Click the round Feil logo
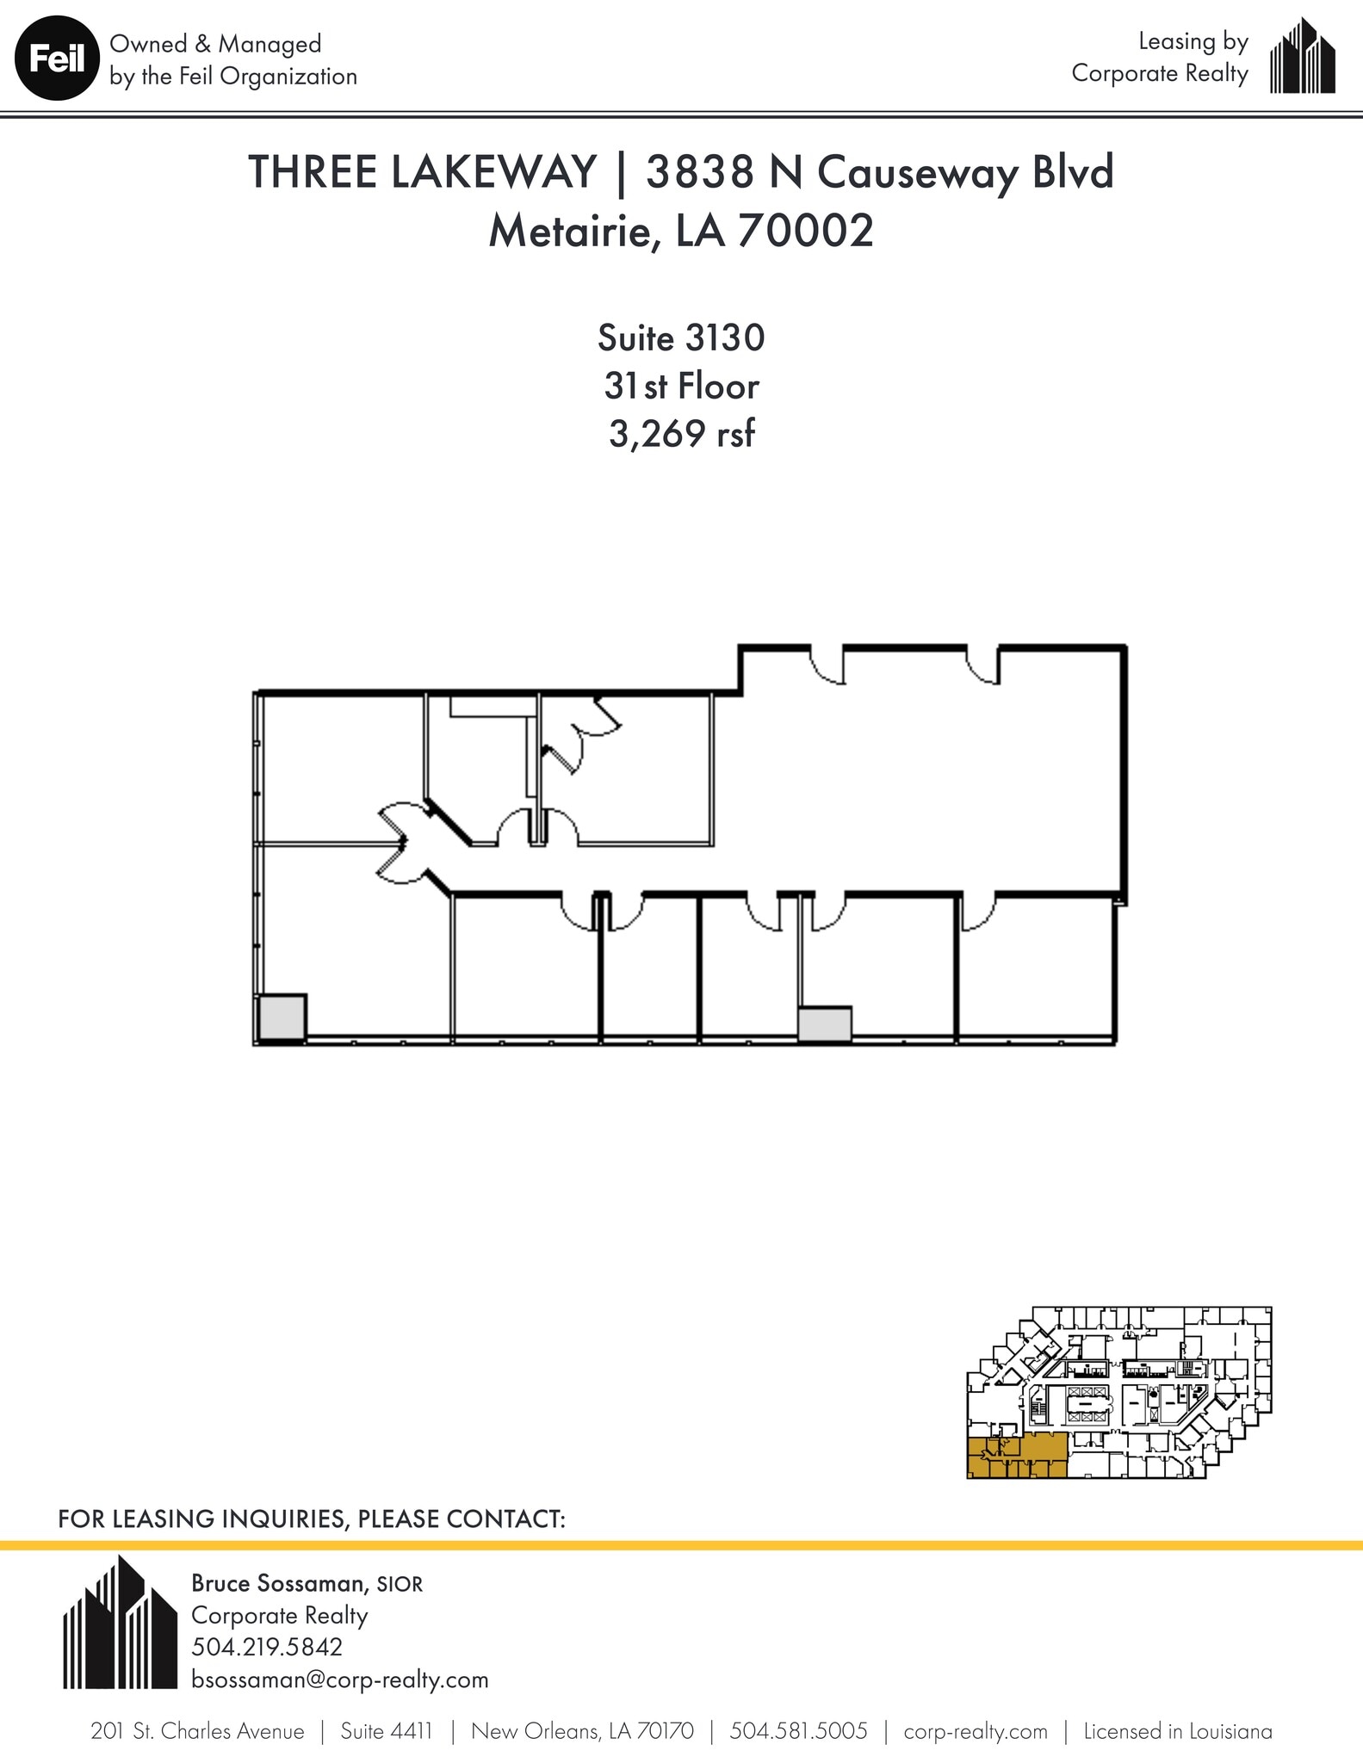(x=56, y=59)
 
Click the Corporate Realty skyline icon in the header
(x=1302, y=58)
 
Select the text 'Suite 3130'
(x=681, y=338)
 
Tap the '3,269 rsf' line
(x=681, y=434)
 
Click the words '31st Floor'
(x=681, y=387)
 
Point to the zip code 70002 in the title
(x=805, y=230)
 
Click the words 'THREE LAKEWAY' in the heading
(x=422, y=171)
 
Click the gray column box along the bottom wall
(x=824, y=1024)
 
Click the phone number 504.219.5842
(x=267, y=1647)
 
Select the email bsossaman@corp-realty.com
(x=339, y=1679)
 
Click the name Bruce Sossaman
(x=277, y=1583)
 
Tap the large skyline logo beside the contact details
(x=120, y=1625)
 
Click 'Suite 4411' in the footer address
(x=386, y=1731)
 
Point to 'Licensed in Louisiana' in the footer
(x=1177, y=1731)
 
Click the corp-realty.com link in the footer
(x=975, y=1731)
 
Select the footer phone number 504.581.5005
(x=798, y=1731)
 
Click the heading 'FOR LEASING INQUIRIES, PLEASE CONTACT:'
(x=311, y=1519)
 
